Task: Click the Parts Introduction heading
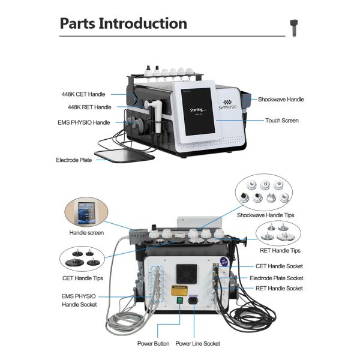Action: (x=123, y=24)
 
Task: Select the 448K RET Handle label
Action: (x=89, y=107)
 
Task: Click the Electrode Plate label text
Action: (x=74, y=160)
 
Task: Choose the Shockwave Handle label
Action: (x=281, y=100)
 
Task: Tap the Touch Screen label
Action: (x=282, y=121)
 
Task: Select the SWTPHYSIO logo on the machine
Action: (x=227, y=105)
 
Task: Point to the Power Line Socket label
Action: (x=197, y=344)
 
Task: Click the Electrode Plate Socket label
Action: (x=276, y=278)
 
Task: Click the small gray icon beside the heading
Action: (x=295, y=25)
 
